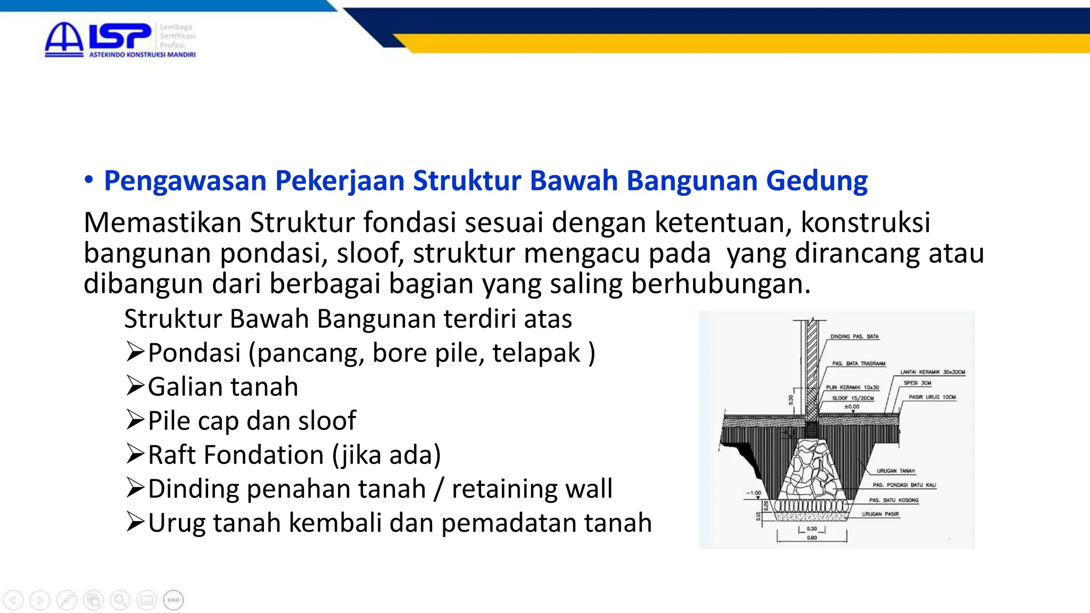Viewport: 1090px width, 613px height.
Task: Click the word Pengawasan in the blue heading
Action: point(185,181)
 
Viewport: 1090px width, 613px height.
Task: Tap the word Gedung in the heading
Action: point(816,181)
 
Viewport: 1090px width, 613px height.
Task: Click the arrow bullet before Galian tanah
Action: point(135,386)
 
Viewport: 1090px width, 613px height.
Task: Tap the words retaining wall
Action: point(532,488)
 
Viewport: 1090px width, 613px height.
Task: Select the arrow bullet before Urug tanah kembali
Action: point(135,522)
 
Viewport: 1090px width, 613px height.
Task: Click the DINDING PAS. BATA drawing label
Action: point(854,337)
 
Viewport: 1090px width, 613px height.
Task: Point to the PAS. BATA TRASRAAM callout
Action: point(858,364)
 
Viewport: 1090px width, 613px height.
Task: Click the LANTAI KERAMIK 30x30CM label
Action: point(932,372)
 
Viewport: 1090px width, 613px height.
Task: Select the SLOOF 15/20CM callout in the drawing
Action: point(853,398)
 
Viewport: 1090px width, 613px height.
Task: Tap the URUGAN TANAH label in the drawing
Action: point(896,471)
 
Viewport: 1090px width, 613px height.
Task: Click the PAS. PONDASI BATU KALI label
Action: point(904,485)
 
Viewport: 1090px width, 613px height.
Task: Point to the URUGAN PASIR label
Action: point(880,514)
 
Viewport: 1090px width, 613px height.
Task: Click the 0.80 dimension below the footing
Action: point(812,538)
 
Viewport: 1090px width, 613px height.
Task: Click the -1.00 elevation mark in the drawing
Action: point(754,493)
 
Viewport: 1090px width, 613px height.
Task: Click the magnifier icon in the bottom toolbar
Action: point(120,600)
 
